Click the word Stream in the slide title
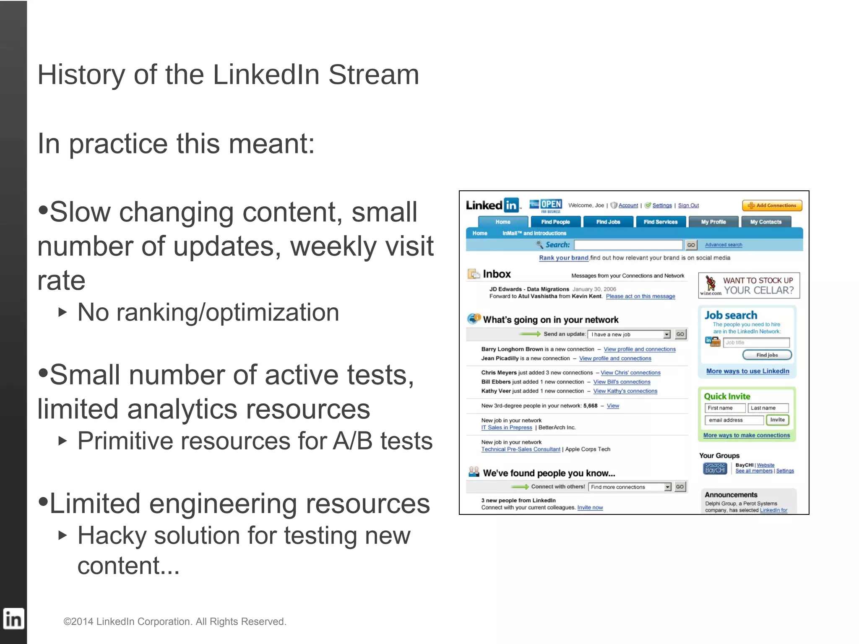tap(373, 75)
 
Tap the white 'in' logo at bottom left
tap(13, 619)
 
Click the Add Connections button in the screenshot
tap(772, 205)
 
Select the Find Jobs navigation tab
tap(608, 222)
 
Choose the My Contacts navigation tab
tap(765, 222)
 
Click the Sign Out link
tap(688, 205)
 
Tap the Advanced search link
tap(723, 245)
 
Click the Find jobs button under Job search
tap(767, 355)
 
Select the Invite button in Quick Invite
tap(777, 420)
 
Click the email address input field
tap(734, 420)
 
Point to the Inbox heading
tap(497, 274)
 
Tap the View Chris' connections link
tap(630, 373)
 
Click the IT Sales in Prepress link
tap(506, 428)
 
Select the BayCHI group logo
tap(715, 468)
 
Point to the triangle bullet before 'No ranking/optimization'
tap(62, 312)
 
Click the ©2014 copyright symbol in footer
tap(67, 622)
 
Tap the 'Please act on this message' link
tap(640, 296)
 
